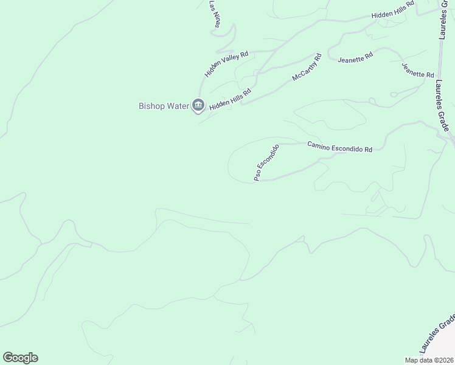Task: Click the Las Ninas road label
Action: coord(215,13)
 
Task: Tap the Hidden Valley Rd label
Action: coord(227,64)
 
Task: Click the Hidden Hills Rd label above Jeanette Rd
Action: coord(393,10)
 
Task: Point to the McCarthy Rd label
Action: coord(307,70)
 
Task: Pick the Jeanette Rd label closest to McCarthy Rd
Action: coord(355,58)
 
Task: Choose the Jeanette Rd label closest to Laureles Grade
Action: coord(418,69)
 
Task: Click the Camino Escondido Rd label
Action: coord(339,147)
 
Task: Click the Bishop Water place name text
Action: coord(164,105)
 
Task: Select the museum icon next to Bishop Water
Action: coord(198,106)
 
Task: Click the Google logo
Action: coord(20,358)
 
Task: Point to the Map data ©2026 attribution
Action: coord(428,360)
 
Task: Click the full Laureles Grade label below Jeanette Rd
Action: coord(444,106)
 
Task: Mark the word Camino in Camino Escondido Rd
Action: coord(321,145)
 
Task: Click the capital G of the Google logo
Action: coord(8,358)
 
